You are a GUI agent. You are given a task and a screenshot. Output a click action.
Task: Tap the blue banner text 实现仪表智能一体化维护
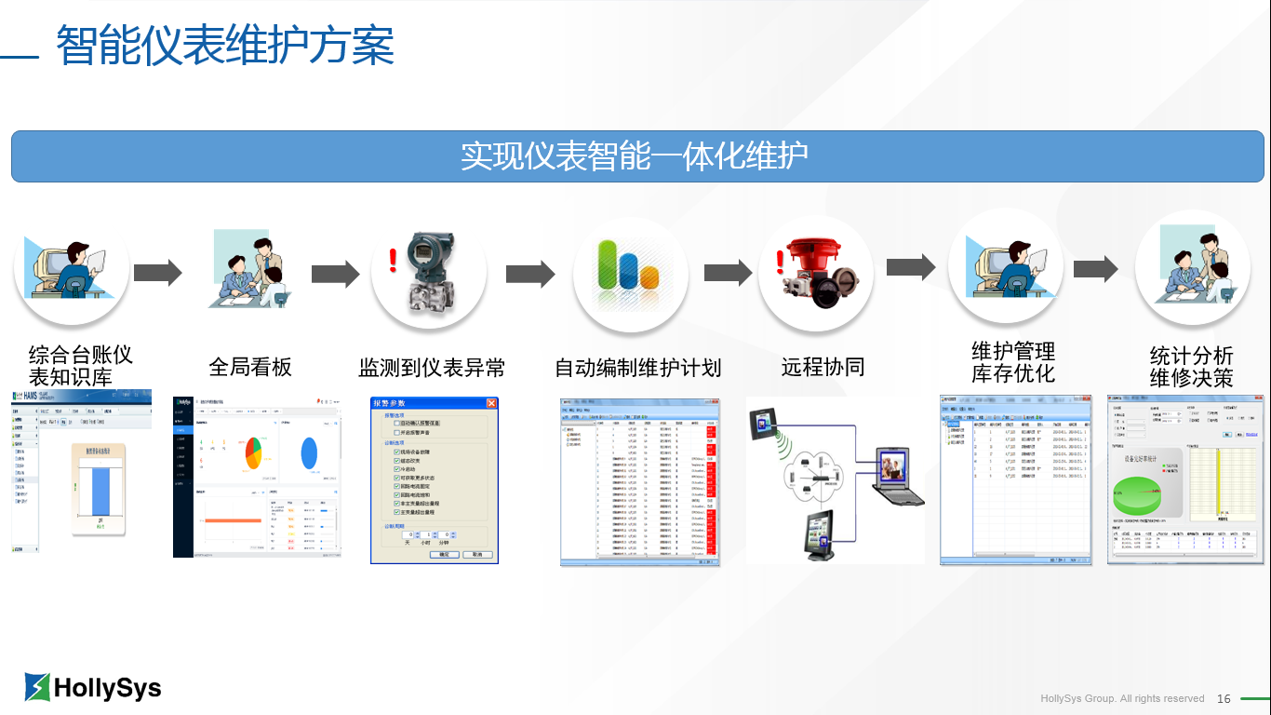click(635, 156)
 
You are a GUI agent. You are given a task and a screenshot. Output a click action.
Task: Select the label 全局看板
click(250, 367)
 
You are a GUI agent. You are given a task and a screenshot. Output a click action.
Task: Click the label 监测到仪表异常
click(432, 368)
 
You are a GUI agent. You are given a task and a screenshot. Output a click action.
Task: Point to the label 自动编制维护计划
click(638, 368)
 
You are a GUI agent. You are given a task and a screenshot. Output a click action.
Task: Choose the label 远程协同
click(823, 368)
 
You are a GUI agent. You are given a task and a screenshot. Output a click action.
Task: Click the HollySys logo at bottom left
click(93, 687)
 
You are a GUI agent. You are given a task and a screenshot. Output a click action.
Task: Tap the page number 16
click(1224, 698)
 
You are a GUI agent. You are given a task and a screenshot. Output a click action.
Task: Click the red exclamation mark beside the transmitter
click(393, 260)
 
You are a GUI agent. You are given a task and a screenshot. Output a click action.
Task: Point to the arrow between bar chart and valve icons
click(728, 273)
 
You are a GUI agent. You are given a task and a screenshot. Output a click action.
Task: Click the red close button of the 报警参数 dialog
click(491, 403)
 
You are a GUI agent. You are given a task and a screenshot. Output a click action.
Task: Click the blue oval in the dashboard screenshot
click(309, 452)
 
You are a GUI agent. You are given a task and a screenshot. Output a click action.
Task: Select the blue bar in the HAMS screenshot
click(100, 491)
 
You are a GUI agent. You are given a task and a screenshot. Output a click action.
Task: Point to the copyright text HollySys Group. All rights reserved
click(1122, 698)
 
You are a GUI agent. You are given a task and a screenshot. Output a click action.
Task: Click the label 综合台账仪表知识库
click(81, 366)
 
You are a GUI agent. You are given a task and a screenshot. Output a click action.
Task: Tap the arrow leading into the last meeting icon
click(1095, 269)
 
